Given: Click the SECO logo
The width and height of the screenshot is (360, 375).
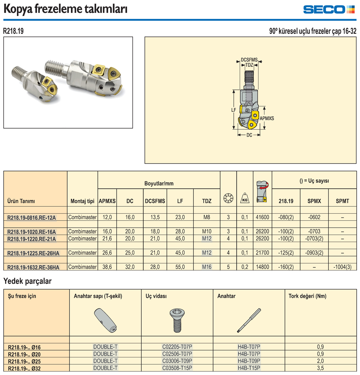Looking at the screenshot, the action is (x=329, y=9).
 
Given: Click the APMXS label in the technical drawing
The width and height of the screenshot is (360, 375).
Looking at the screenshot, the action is (x=267, y=118).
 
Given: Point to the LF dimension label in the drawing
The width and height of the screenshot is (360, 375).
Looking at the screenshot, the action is (x=234, y=110).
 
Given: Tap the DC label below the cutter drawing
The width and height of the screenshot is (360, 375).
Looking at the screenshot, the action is (x=249, y=135).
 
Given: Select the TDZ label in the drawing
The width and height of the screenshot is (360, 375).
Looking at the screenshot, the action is (x=249, y=65).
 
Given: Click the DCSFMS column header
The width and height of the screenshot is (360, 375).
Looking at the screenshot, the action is (x=155, y=201).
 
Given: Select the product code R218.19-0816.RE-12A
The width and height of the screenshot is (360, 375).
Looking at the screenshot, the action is (x=32, y=218).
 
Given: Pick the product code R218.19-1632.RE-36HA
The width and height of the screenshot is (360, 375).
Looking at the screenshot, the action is (x=33, y=267).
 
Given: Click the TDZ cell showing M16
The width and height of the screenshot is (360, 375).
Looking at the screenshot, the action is (x=207, y=267).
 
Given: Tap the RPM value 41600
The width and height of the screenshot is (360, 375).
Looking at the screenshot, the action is (x=262, y=217).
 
